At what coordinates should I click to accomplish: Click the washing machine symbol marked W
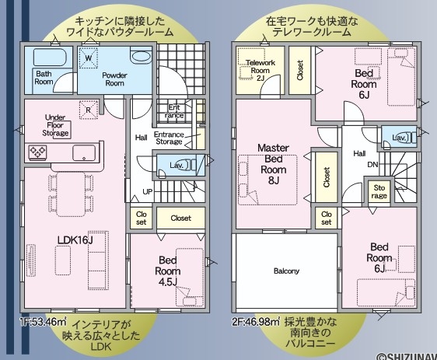click(89, 58)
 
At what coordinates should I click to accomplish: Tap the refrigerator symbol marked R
click(89, 110)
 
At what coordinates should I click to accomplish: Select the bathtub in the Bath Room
click(50, 58)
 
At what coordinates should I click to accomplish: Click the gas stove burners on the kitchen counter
click(37, 152)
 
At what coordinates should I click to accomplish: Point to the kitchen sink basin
click(84, 152)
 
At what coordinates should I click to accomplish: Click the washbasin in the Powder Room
click(142, 57)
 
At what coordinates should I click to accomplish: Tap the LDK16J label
click(75, 239)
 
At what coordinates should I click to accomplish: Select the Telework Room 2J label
click(260, 71)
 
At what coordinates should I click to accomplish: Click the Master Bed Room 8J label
click(274, 164)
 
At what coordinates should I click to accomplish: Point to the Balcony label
click(286, 271)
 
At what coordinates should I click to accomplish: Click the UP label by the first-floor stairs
click(148, 192)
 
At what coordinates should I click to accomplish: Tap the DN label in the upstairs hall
click(372, 164)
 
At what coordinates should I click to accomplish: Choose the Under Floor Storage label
click(55, 125)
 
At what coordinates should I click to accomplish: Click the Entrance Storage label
click(169, 138)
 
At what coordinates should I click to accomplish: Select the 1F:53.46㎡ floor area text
click(43, 322)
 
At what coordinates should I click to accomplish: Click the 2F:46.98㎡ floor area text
click(256, 322)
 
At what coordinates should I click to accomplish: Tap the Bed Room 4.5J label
click(168, 271)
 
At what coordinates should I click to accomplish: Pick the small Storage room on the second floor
click(379, 192)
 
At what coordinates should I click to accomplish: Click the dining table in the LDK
click(71, 194)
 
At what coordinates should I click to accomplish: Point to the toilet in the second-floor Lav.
click(410, 138)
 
